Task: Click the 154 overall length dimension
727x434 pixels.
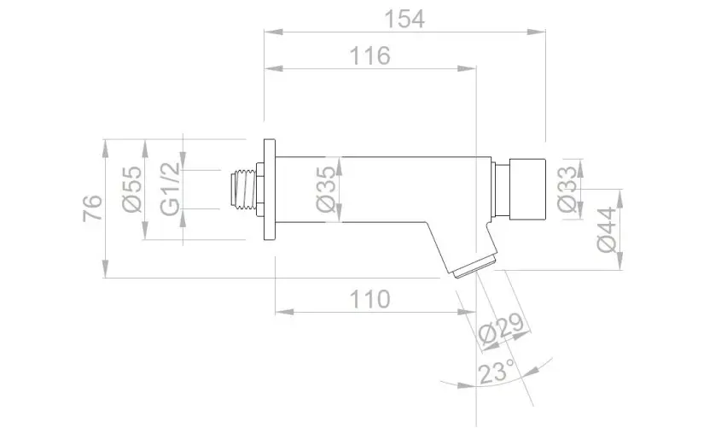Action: [404, 20]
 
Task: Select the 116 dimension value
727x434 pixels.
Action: [369, 56]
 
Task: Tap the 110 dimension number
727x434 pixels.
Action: [369, 299]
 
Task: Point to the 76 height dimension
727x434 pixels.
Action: [93, 208]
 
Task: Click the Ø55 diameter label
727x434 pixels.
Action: [132, 190]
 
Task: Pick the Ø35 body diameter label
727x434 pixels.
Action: [326, 190]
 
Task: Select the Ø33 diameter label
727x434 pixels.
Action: [567, 190]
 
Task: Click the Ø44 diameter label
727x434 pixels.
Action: [607, 230]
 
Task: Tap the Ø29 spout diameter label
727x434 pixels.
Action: [501, 330]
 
